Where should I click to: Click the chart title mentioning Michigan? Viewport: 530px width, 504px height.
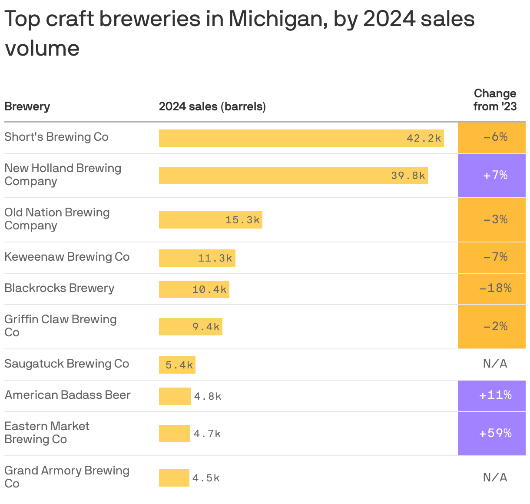coord(239,33)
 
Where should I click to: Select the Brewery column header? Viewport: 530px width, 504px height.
coord(27,106)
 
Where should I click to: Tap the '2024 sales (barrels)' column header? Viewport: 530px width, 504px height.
coord(212,106)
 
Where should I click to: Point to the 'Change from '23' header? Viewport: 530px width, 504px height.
coord(495,100)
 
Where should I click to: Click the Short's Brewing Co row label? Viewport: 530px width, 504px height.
coord(56,137)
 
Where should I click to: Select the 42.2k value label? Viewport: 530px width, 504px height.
coord(424,138)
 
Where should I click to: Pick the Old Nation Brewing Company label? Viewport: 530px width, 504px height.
coord(57,219)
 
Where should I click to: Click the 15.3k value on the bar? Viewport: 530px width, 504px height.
coord(242,220)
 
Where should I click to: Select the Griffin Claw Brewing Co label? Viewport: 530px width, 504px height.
coord(60,326)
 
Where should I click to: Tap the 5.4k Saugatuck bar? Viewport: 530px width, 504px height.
coord(177,365)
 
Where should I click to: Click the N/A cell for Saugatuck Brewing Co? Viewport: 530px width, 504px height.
coord(495,364)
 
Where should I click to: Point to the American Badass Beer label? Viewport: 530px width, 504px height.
coord(67,395)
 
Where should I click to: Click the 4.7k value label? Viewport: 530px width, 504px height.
coord(207,434)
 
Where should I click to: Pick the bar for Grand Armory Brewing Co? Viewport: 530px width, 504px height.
coord(174,478)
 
